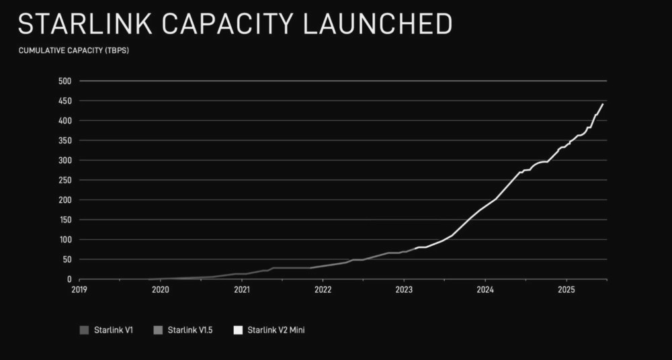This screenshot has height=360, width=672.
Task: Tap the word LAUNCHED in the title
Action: click(378, 24)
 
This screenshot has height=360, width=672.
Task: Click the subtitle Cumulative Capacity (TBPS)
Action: click(73, 51)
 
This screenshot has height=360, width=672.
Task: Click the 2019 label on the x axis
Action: click(80, 289)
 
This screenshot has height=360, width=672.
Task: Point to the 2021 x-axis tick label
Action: click(242, 289)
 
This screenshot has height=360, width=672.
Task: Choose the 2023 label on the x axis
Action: click(404, 289)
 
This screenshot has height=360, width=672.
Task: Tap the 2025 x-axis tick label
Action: click(566, 289)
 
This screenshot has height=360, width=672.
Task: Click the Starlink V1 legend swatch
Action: click(84, 330)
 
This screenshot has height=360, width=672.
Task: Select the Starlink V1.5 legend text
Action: click(190, 330)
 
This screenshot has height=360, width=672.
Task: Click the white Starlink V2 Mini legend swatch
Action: click(239, 330)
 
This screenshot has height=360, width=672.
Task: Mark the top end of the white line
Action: click(603, 104)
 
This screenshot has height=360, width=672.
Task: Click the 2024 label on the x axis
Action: click(485, 289)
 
